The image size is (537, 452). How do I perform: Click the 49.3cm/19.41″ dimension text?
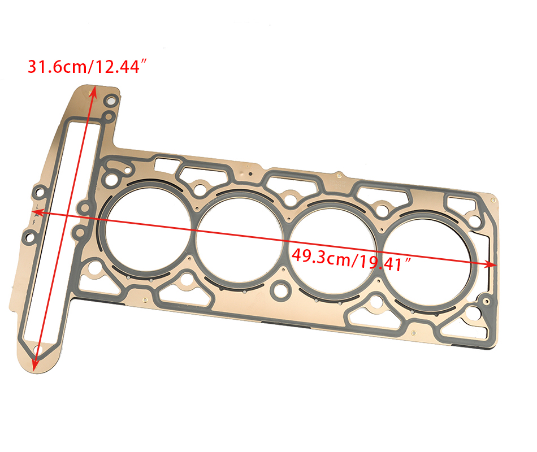tap(351, 259)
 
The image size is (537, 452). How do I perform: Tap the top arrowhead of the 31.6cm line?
tap(93, 91)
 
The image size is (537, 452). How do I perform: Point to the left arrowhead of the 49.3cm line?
tap(37, 213)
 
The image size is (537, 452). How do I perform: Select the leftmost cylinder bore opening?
tap(148, 229)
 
